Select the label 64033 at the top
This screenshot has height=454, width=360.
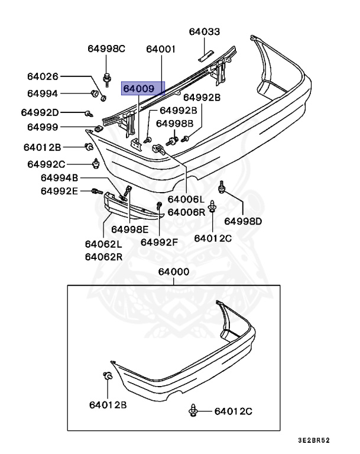tap(204, 32)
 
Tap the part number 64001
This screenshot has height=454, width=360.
tap(161, 49)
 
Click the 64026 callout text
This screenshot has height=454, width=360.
tap(43, 76)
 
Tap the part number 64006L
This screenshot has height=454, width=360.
tap(186, 200)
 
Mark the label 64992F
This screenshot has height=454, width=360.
tap(159, 241)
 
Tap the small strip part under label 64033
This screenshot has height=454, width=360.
tap(204, 56)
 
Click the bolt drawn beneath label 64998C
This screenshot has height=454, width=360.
tap(107, 76)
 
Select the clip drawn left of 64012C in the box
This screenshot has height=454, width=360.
tap(194, 411)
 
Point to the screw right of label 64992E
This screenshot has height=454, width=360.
tap(98, 191)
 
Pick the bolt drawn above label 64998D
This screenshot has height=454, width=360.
tap(222, 186)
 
